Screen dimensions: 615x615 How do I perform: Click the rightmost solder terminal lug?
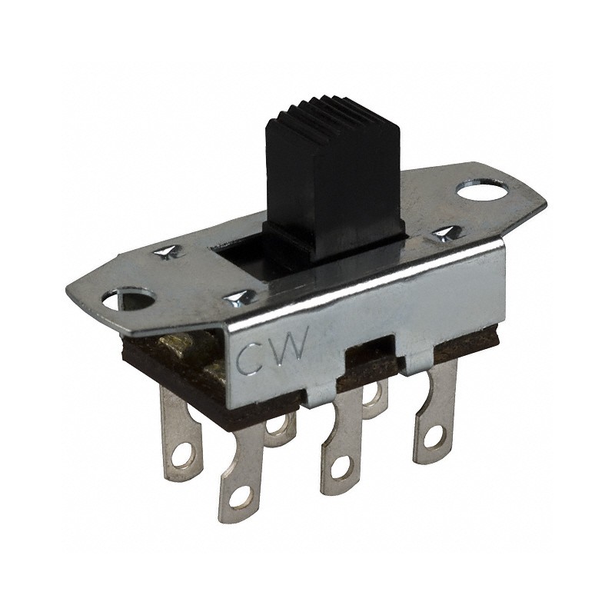(x=434, y=415)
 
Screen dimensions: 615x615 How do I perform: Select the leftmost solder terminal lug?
(x=181, y=430)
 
